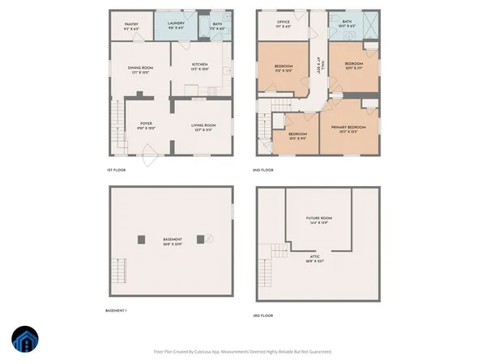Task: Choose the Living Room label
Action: point(202,126)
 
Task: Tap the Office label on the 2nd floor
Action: point(283,23)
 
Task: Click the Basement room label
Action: point(171,240)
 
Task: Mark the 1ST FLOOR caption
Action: point(117,171)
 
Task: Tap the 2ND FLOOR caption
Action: point(264,171)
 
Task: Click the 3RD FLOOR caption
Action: point(264,315)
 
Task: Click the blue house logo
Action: point(25,341)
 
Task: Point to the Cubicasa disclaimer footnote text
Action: point(243,352)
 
